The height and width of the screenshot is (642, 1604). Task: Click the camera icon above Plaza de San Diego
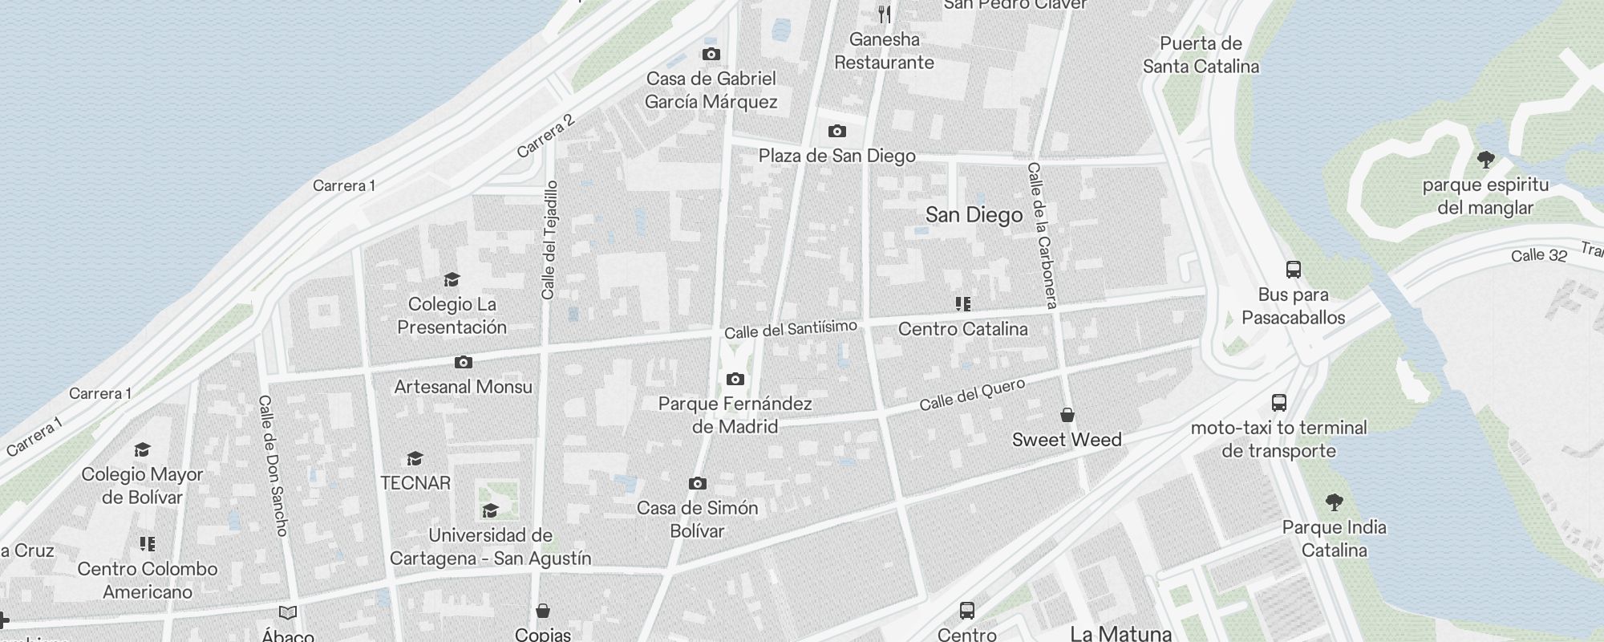(836, 131)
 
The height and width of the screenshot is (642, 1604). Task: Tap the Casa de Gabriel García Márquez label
(711, 90)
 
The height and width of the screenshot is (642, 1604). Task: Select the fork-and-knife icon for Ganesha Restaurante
(884, 14)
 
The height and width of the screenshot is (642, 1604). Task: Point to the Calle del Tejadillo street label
(549, 240)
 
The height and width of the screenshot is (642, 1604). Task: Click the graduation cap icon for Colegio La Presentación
(452, 279)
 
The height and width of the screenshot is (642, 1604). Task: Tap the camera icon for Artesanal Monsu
(463, 363)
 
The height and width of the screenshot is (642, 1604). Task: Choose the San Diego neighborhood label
(974, 215)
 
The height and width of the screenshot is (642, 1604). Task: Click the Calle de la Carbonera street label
(1042, 235)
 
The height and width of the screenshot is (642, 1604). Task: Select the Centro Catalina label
(962, 329)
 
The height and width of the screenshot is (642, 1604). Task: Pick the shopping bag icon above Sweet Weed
(1067, 415)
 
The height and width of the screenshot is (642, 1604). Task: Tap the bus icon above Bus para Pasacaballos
(1293, 269)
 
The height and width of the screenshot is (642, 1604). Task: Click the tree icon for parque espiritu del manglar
(1485, 160)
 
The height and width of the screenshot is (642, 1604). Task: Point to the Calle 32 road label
(1538, 256)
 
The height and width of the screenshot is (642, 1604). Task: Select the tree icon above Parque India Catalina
(1334, 502)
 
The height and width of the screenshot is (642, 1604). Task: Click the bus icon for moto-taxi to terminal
(1278, 403)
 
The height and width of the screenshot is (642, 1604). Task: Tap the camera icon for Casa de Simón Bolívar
(697, 483)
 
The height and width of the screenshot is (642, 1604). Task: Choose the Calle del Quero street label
(972, 395)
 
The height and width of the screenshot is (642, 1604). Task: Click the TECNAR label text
(415, 483)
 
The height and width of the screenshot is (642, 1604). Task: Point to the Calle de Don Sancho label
(273, 465)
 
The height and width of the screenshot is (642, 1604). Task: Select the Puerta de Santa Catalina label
(1201, 55)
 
